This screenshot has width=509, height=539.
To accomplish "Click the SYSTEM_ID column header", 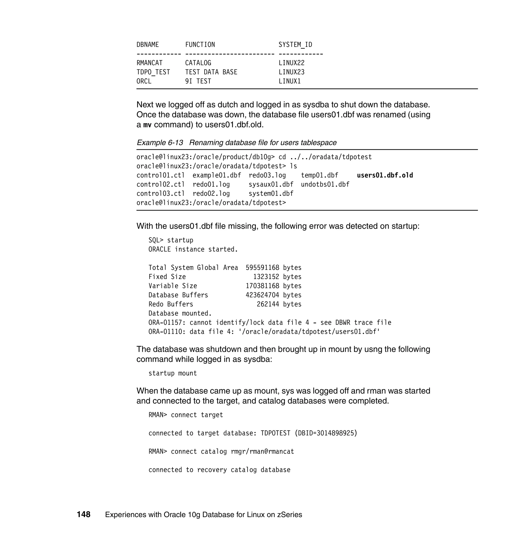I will [295, 45].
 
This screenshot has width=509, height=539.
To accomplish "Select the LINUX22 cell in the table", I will [291, 63].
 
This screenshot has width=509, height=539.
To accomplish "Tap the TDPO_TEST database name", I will [153, 72].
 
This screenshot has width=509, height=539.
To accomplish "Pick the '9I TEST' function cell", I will [198, 81].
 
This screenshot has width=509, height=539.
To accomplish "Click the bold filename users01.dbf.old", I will [385, 175].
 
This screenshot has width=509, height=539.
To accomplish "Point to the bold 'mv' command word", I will [147, 125].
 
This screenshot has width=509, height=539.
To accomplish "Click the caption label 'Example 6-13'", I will [160, 143].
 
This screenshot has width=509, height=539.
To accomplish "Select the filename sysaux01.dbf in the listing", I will [271, 184].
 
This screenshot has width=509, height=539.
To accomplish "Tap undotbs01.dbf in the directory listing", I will [325, 184].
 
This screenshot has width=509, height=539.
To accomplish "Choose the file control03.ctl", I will [160, 194].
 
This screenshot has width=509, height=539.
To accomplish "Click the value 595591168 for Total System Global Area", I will [262, 268].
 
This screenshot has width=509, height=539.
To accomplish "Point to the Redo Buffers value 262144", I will [268, 304].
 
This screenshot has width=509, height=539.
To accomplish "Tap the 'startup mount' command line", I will [172, 373].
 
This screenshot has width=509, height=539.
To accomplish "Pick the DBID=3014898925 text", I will [326, 433].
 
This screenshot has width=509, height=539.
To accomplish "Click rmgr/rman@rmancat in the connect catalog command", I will [262, 451].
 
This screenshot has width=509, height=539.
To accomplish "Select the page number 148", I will [84, 514].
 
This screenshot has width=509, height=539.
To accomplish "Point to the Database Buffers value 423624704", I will [262, 295].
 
